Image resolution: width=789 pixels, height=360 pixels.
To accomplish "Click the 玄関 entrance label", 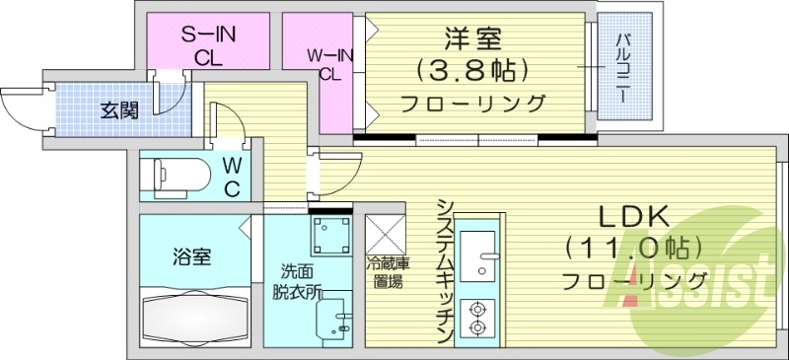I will coord(119,109).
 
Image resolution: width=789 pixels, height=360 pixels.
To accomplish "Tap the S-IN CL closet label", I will coord(206,45).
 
